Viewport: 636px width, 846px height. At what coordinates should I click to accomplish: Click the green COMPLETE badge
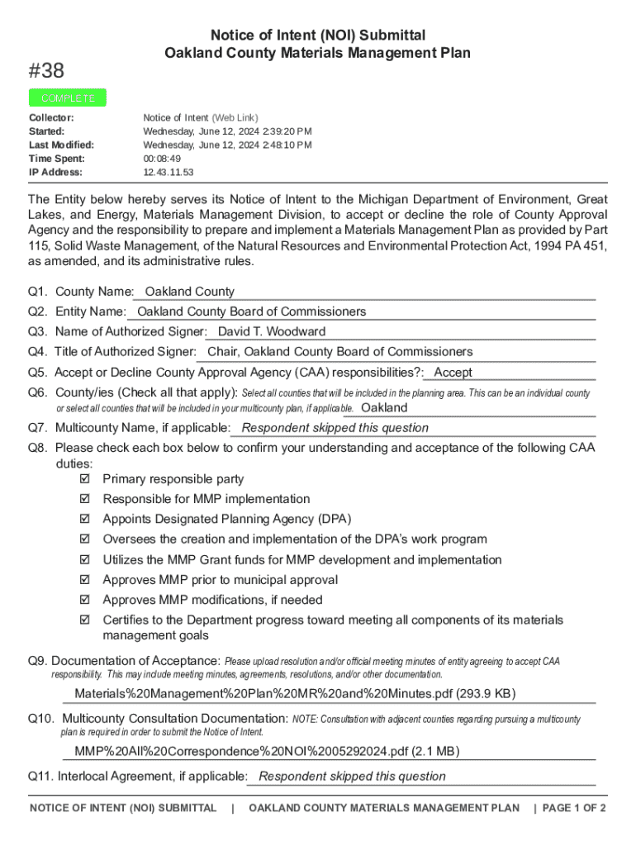[68, 98]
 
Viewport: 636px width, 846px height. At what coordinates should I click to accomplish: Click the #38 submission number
[46, 71]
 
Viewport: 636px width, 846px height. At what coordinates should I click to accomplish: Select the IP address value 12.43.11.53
[168, 173]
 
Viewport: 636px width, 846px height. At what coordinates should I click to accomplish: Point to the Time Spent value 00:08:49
[162, 159]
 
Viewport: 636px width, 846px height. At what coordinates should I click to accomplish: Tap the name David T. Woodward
[271, 332]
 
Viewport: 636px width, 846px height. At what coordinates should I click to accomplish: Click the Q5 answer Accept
[453, 373]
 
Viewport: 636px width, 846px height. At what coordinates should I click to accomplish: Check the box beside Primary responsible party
[83, 479]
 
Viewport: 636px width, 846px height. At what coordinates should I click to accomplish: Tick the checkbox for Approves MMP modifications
[83, 600]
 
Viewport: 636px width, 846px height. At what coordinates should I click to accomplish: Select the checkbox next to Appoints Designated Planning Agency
[83, 520]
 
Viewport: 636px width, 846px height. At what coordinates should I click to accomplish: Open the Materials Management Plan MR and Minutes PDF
[295, 693]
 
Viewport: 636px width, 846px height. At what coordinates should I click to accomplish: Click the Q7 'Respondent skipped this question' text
[335, 428]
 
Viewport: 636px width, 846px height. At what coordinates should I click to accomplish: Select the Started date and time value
[227, 131]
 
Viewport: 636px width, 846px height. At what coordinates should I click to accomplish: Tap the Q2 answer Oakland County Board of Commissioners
[251, 312]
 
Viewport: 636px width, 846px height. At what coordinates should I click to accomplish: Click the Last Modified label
[61, 145]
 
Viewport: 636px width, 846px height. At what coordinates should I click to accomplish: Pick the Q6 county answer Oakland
[384, 408]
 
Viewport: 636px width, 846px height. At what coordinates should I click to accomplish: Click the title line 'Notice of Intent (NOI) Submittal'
[318, 36]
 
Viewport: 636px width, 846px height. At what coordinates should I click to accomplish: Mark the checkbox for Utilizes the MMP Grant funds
[83, 560]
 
